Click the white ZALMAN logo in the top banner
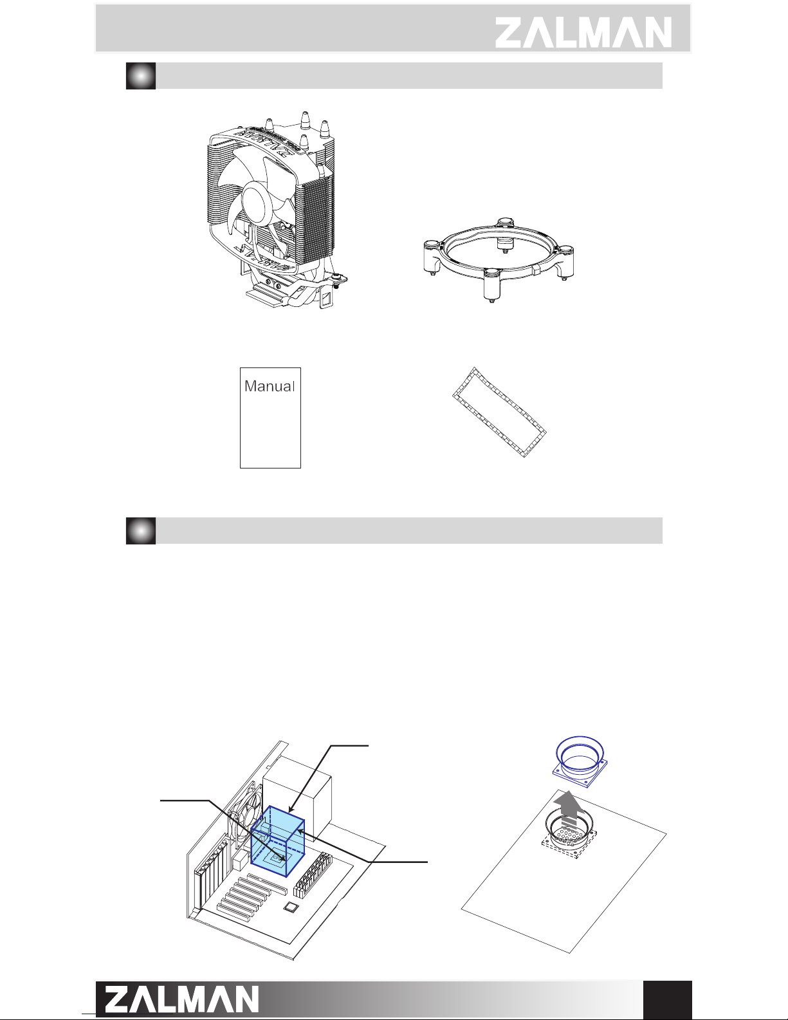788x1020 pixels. click(x=583, y=32)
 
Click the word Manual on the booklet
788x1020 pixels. click(x=270, y=386)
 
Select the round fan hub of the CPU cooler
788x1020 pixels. click(x=258, y=200)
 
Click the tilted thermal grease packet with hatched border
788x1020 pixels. click(x=499, y=412)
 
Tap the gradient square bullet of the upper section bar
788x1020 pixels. click(x=141, y=75)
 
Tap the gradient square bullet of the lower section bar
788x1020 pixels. click(x=141, y=531)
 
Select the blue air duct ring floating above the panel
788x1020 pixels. click(x=580, y=761)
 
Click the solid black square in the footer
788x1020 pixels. click(x=668, y=999)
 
